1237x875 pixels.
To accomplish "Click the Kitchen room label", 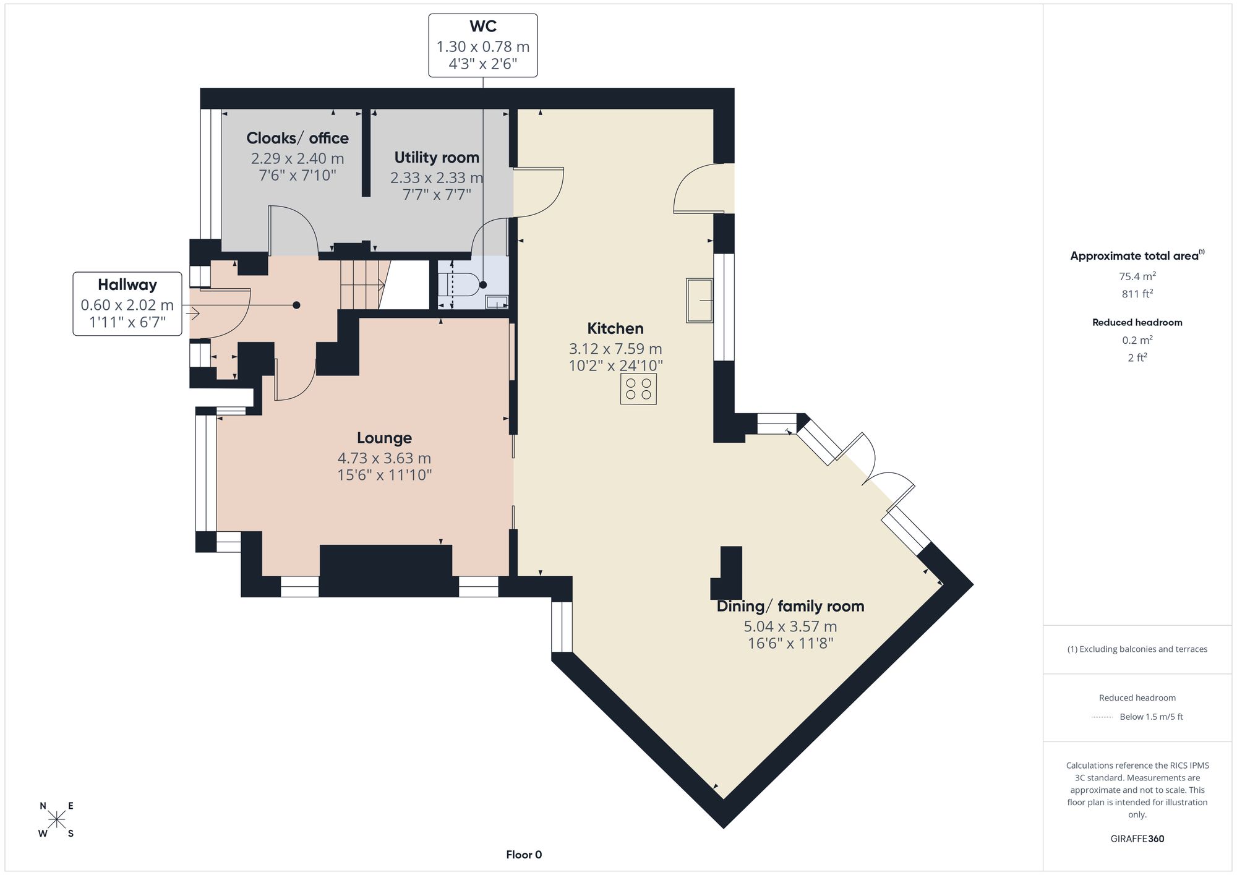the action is click(615, 328).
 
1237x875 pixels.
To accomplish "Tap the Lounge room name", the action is click(384, 438).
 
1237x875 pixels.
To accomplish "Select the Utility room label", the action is click(437, 158).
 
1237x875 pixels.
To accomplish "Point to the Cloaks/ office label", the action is click(297, 138).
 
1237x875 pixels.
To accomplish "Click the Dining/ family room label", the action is click(790, 606).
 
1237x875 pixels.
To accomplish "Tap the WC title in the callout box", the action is click(483, 26).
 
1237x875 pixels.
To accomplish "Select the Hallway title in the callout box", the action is click(127, 285).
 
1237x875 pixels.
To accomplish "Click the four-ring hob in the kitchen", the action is click(638, 389).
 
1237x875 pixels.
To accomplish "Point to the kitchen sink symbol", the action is click(700, 301).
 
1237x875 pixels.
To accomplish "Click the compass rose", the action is click(57, 820).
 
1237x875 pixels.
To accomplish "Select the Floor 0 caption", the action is click(524, 855).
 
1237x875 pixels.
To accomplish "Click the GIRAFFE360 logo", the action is click(1137, 839).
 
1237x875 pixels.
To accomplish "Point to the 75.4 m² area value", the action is click(1137, 276).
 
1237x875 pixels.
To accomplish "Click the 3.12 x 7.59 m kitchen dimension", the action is click(615, 349).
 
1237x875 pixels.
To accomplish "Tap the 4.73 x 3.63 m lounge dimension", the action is click(384, 458).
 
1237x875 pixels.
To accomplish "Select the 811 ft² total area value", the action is click(1137, 294).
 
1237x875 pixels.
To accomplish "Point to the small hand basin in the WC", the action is click(497, 302).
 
